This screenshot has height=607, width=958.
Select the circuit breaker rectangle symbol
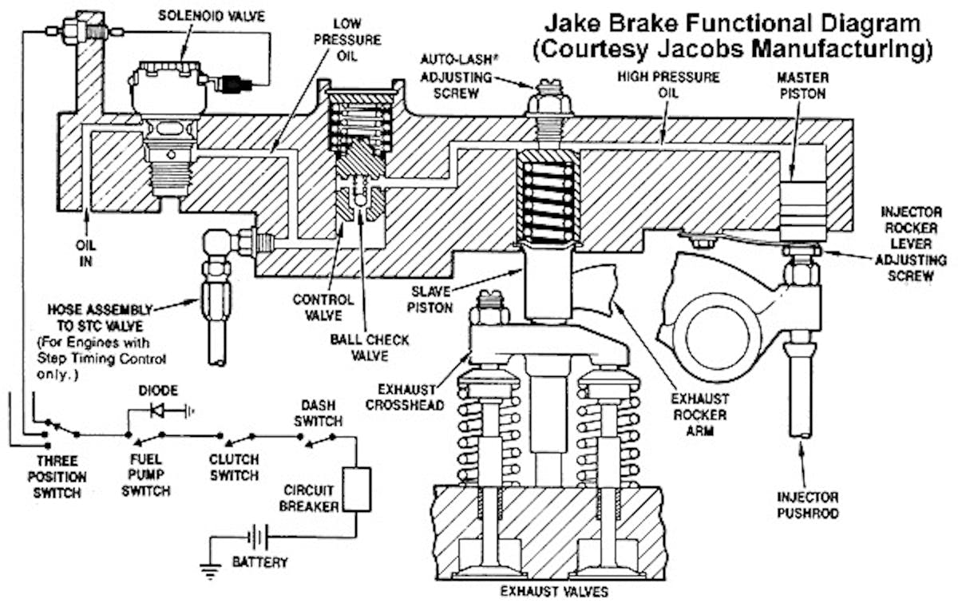(356, 489)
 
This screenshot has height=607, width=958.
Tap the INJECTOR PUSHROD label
(807, 506)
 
